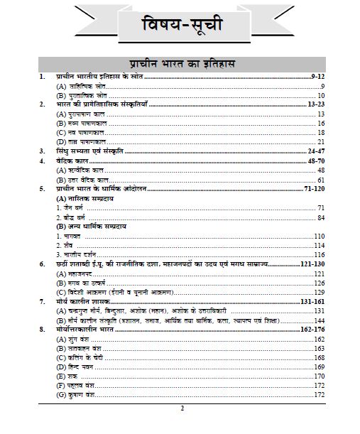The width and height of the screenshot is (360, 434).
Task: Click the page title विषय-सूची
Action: (180, 26)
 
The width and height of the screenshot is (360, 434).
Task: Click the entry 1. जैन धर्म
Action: (72, 208)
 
